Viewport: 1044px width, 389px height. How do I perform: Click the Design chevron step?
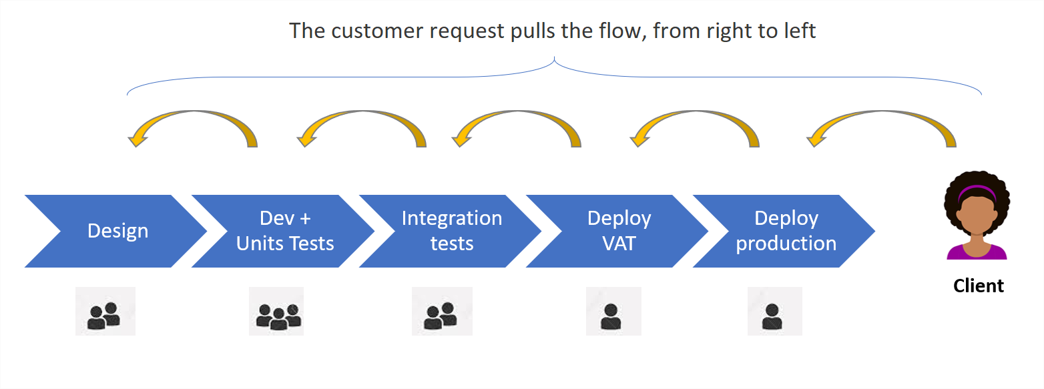coord(117,231)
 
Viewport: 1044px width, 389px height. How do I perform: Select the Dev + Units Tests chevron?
coord(285,231)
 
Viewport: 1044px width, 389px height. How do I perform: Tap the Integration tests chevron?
coord(452,231)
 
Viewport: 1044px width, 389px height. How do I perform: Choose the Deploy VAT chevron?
coord(619,231)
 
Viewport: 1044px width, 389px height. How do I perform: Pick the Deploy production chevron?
coord(786,231)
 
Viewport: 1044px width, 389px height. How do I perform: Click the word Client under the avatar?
coord(978,286)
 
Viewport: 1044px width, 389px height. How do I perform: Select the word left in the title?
coord(800,31)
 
